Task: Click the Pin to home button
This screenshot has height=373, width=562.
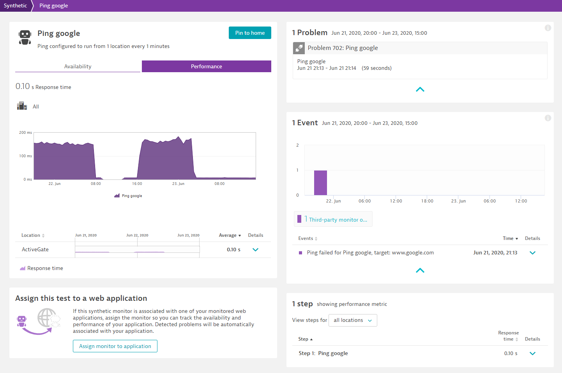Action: (250, 33)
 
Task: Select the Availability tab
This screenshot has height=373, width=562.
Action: (78, 66)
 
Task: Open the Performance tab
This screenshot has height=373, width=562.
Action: (206, 66)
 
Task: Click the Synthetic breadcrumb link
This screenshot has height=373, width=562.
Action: (16, 5)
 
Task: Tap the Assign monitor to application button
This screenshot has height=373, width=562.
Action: (115, 346)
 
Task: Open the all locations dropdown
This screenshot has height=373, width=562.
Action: (353, 320)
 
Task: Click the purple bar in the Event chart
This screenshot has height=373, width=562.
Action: (320, 183)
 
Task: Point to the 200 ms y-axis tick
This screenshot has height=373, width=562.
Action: (25, 133)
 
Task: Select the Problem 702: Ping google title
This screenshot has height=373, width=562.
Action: (343, 48)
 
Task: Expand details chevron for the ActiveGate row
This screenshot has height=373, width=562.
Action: (255, 250)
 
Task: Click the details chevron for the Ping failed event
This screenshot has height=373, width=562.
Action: (532, 253)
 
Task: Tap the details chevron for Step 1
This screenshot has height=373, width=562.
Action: (532, 353)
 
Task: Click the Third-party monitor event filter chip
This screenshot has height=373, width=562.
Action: (333, 219)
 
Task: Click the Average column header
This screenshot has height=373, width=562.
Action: (230, 235)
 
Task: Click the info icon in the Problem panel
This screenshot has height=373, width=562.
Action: (548, 28)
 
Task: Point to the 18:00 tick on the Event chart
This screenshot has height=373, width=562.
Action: (427, 201)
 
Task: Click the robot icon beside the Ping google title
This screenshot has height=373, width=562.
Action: (25, 37)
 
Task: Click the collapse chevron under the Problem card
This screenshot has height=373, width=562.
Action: (420, 90)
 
